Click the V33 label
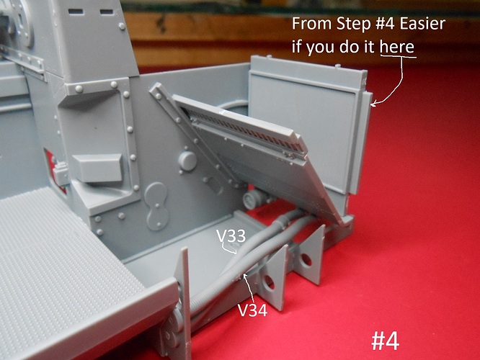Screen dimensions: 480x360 tap(231, 236)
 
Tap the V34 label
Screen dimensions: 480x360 tap(252, 310)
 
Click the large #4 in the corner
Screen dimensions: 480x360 tap(385, 341)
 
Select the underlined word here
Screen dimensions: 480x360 tap(397, 47)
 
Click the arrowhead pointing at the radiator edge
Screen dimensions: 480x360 tap(373, 104)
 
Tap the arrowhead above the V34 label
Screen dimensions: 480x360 tap(244, 276)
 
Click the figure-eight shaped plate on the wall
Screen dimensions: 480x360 tap(156, 206)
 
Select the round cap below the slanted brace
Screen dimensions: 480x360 tap(187, 161)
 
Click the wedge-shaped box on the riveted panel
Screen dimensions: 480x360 tap(98, 168)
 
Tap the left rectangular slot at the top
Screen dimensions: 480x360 tap(76, 12)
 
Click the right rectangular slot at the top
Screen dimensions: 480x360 tap(107, 12)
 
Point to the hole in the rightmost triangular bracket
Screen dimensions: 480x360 tap(306, 260)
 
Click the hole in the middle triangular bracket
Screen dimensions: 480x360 tap(268, 282)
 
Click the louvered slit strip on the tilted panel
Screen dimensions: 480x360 tap(246, 131)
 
